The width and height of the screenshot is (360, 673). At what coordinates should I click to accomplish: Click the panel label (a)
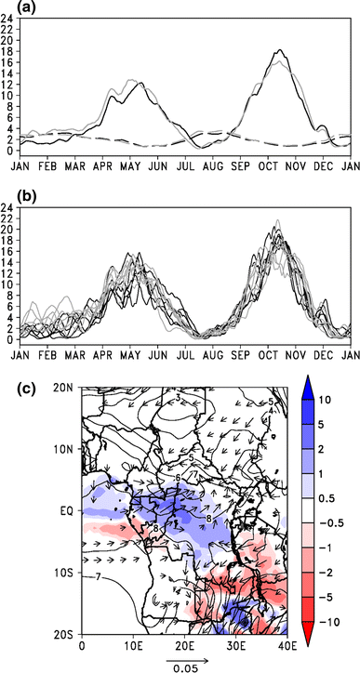[12, 7]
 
